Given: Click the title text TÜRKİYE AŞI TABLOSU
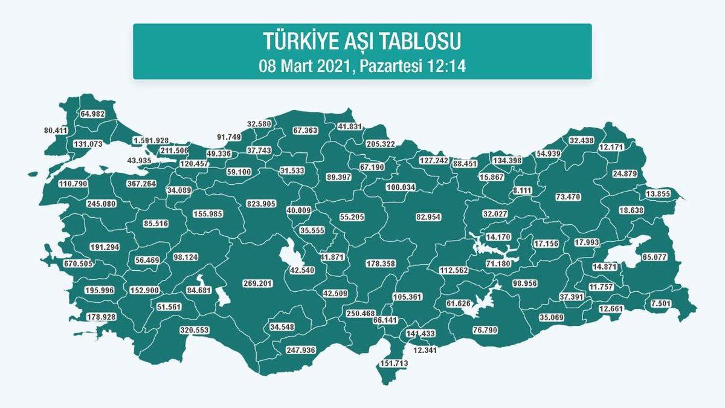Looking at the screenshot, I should coord(362,41).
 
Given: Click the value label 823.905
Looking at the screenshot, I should coord(260,204).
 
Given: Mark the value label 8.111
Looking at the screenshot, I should coord(522,190).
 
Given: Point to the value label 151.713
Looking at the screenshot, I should coord(393,364).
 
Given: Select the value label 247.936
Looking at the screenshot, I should coord(301,350).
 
